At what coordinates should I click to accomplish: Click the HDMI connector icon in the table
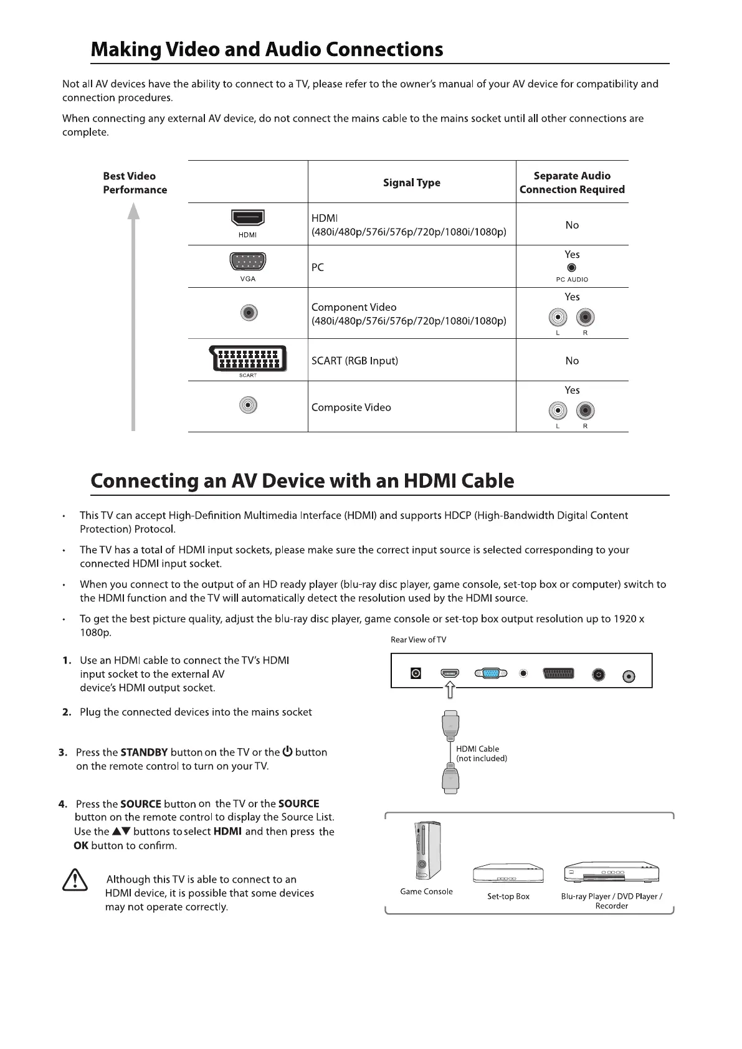click(x=248, y=218)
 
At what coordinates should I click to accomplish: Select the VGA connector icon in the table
click(x=248, y=262)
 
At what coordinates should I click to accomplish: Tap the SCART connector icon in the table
click(x=248, y=359)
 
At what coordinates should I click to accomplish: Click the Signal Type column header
click(x=411, y=183)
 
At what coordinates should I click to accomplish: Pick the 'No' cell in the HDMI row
click(x=572, y=225)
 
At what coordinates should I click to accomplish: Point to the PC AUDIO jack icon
click(x=572, y=268)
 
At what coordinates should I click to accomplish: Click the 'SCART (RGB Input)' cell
click(x=354, y=361)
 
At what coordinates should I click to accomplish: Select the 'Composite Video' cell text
click(x=351, y=407)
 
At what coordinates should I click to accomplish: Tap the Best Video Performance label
click(x=135, y=183)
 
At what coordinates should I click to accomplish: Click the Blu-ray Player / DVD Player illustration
click(x=611, y=873)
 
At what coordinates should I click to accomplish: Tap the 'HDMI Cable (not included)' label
click(x=481, y=754)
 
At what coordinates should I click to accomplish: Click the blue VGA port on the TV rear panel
click(x=490, y=673)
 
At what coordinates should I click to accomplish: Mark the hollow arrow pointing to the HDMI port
click(x=450, y=690)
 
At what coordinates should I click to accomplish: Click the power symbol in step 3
click(x=287, y=751)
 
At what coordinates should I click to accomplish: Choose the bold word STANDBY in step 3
click(x=144, y=752)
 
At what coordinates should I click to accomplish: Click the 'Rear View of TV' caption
click(x=418, y=640)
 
